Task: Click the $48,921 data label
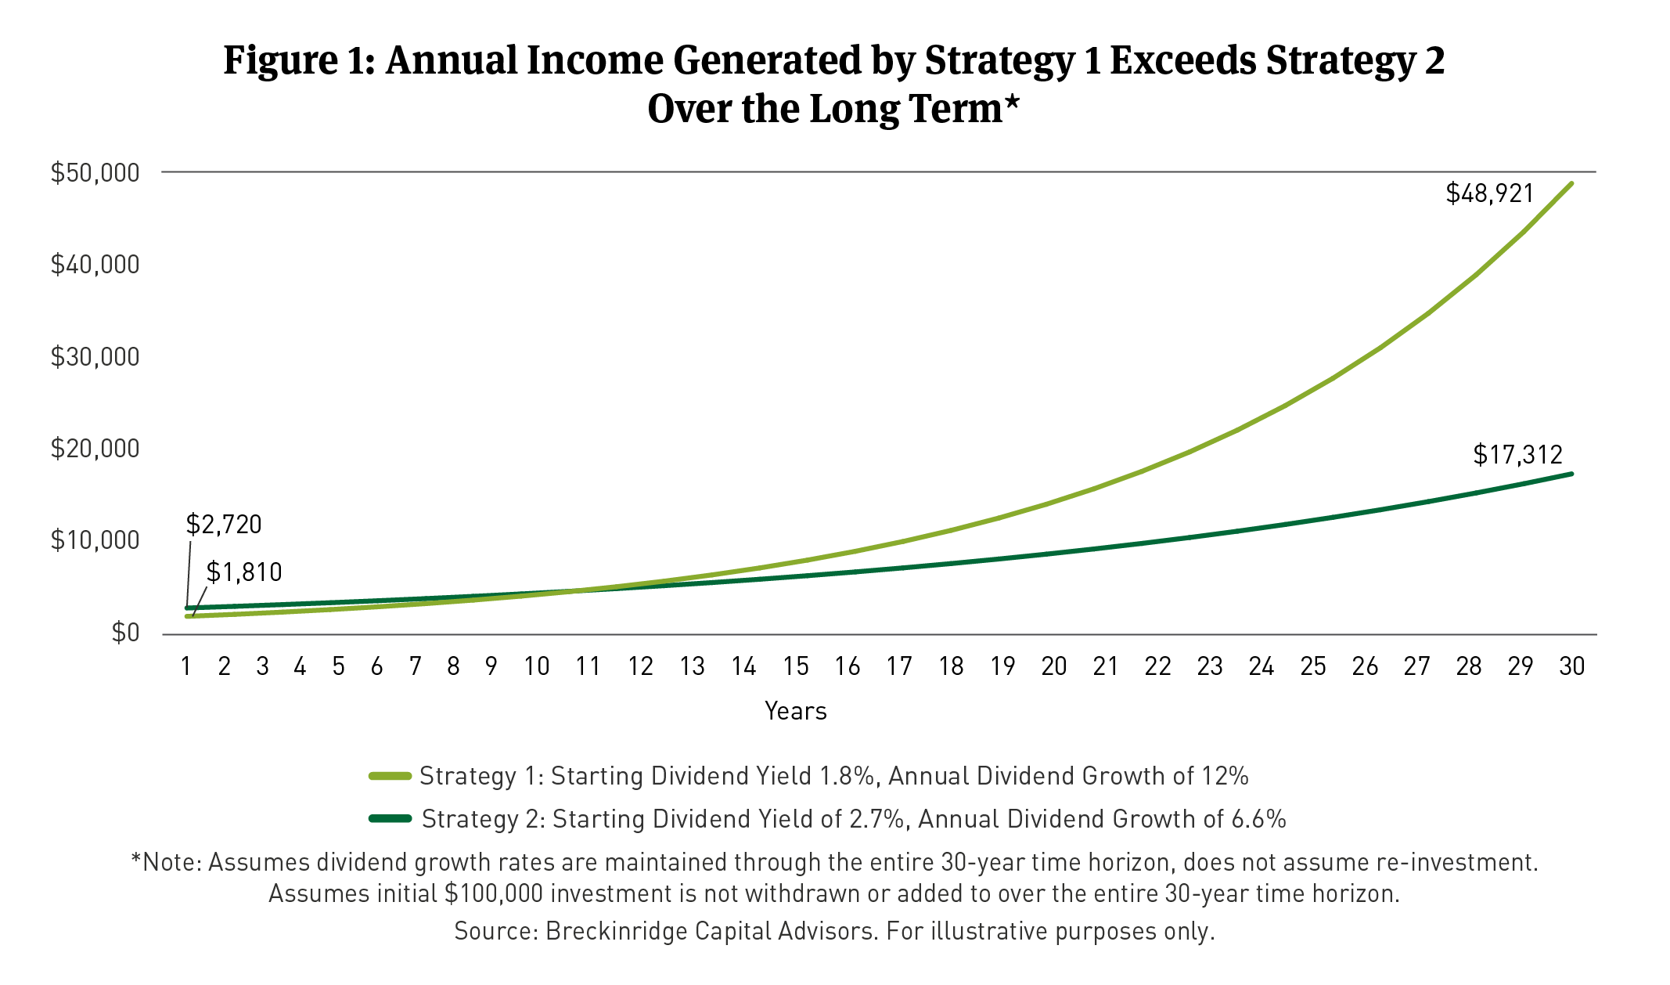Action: [1489, 193]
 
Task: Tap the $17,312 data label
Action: [1517, 455]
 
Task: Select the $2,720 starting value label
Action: [224, 525]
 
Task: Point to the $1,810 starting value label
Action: [244, 572]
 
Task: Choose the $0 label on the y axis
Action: [125, 633]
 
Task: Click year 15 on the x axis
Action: [796, 666]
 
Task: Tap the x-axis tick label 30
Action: [1572, 666]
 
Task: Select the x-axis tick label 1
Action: [186, 666]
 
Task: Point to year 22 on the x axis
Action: [1157, 666]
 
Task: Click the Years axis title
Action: [795, 711]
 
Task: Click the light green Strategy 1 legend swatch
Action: [391, 776]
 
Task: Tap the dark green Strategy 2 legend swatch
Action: [391, 819]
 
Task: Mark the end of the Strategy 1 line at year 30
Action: [1571, 184]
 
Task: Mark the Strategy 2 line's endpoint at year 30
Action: [1571, 474]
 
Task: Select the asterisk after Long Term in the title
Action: [1013, 103]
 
